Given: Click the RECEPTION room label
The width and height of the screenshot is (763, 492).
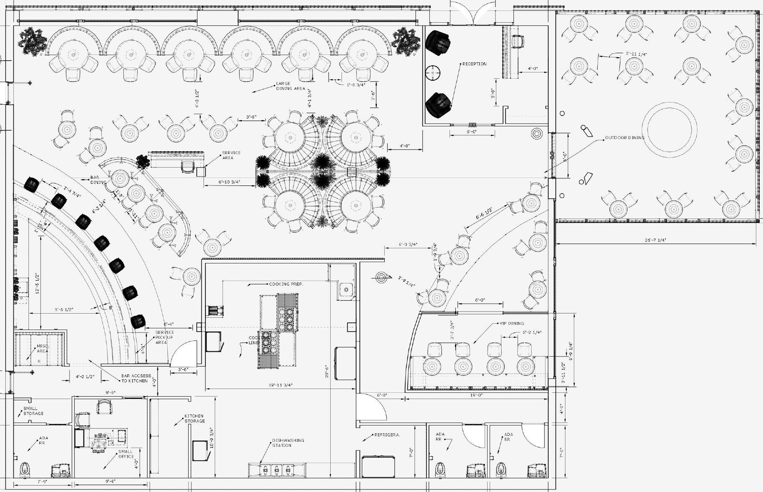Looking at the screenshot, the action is [474, 64].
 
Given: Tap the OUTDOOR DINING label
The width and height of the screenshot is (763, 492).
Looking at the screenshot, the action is [624, 138].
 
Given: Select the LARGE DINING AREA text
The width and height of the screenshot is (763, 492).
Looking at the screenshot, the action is [290, 86].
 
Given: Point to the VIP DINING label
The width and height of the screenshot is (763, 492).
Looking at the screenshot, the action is [511, 323].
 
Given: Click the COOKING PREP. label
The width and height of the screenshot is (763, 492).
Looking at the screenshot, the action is [286, 284].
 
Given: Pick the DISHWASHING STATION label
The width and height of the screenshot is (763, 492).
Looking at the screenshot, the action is [288, 443].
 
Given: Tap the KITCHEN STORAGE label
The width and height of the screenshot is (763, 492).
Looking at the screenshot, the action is [195, 419].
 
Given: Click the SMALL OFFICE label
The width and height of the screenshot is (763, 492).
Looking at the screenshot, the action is [126, 454].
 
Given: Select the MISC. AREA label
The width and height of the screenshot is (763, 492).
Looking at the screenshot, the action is [42, 348].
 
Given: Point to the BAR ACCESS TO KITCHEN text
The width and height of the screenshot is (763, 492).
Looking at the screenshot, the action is [136, 379].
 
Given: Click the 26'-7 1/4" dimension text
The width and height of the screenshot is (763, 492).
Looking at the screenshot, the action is [655, 240].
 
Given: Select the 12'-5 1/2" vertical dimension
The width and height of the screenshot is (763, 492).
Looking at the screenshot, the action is [37, 283].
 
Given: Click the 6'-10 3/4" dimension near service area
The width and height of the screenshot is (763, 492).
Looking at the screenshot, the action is [229, 182].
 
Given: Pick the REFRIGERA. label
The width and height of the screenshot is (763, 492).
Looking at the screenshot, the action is [387, 435].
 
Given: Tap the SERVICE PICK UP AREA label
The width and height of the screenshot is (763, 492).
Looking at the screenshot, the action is [164, 337].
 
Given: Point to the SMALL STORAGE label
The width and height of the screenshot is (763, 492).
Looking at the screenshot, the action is [33, 411].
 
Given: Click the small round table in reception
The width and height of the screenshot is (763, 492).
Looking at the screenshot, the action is [433, 73].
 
